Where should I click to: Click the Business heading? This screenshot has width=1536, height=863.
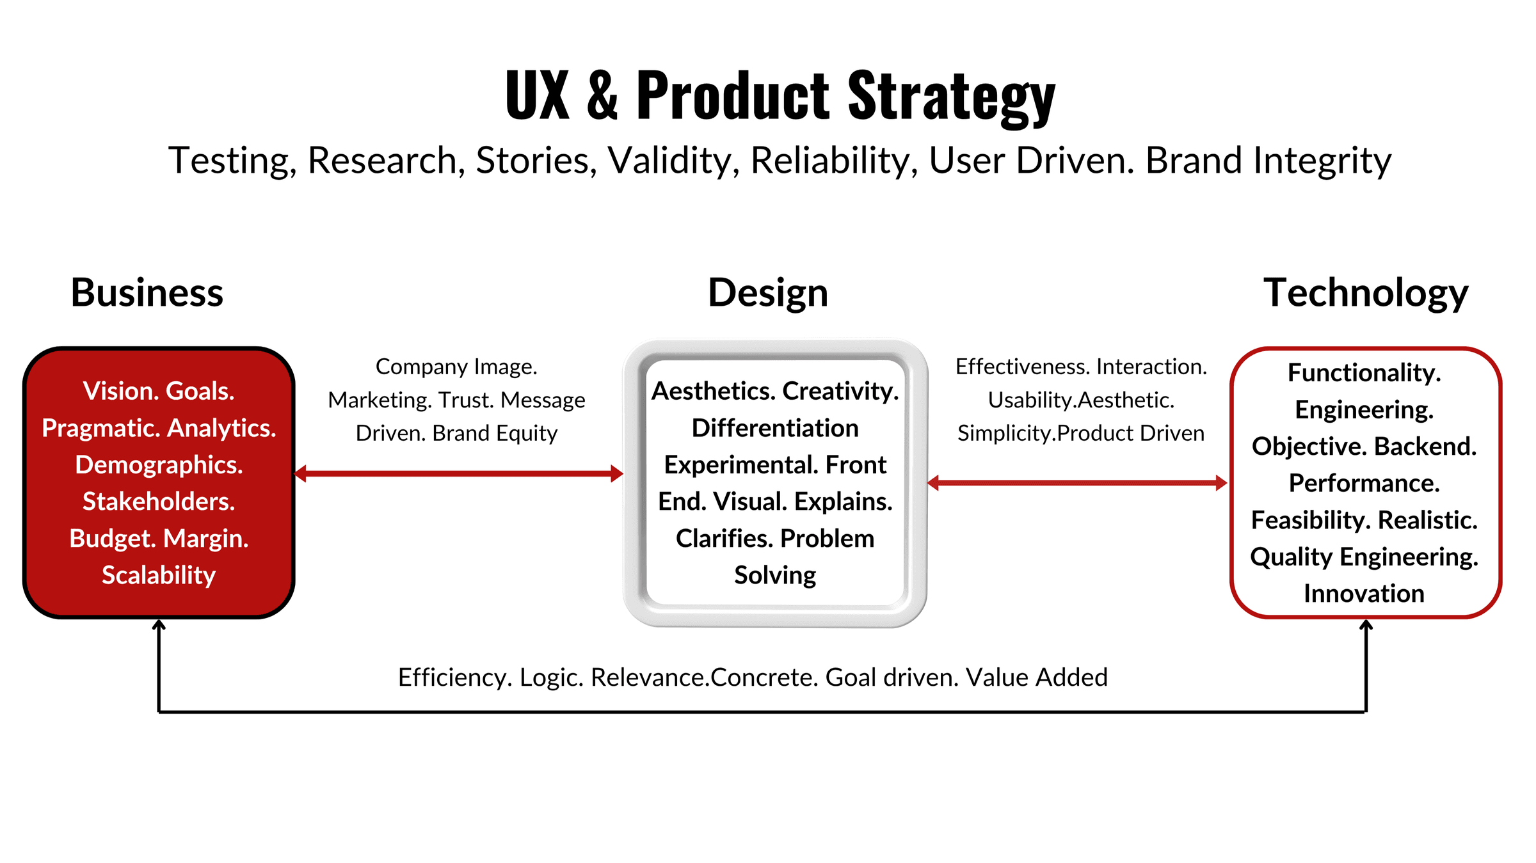coord(147,293)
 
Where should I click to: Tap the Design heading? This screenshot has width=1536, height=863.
coord(767,293)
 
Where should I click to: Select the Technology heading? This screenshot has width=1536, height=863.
coord(1365,293)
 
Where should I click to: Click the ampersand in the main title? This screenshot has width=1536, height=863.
coord(602,96)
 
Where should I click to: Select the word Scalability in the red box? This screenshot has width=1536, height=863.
coord(159,575)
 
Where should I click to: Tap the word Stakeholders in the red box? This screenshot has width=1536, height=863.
coord(159,502)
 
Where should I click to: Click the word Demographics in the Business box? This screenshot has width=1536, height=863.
coord(159,465)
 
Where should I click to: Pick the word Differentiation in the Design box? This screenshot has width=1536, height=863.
coord(775,428)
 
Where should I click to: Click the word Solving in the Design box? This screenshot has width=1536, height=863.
coord(775,575)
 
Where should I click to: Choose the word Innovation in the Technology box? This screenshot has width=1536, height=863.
coord(1364,594)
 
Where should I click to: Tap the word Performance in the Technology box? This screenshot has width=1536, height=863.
coord(1364,483)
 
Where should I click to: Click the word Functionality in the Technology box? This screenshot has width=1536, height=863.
coord(1364,372)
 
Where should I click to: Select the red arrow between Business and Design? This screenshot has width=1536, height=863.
coord(458,474)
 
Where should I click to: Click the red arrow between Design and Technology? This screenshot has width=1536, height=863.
coord(1077,483)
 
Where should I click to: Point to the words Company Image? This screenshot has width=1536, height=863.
coord(456,367)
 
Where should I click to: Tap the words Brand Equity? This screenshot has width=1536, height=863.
coord(495,433)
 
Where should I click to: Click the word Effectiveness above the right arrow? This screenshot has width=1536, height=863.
coord(1022,367)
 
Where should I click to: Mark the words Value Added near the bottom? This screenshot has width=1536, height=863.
coord(1036,677)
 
